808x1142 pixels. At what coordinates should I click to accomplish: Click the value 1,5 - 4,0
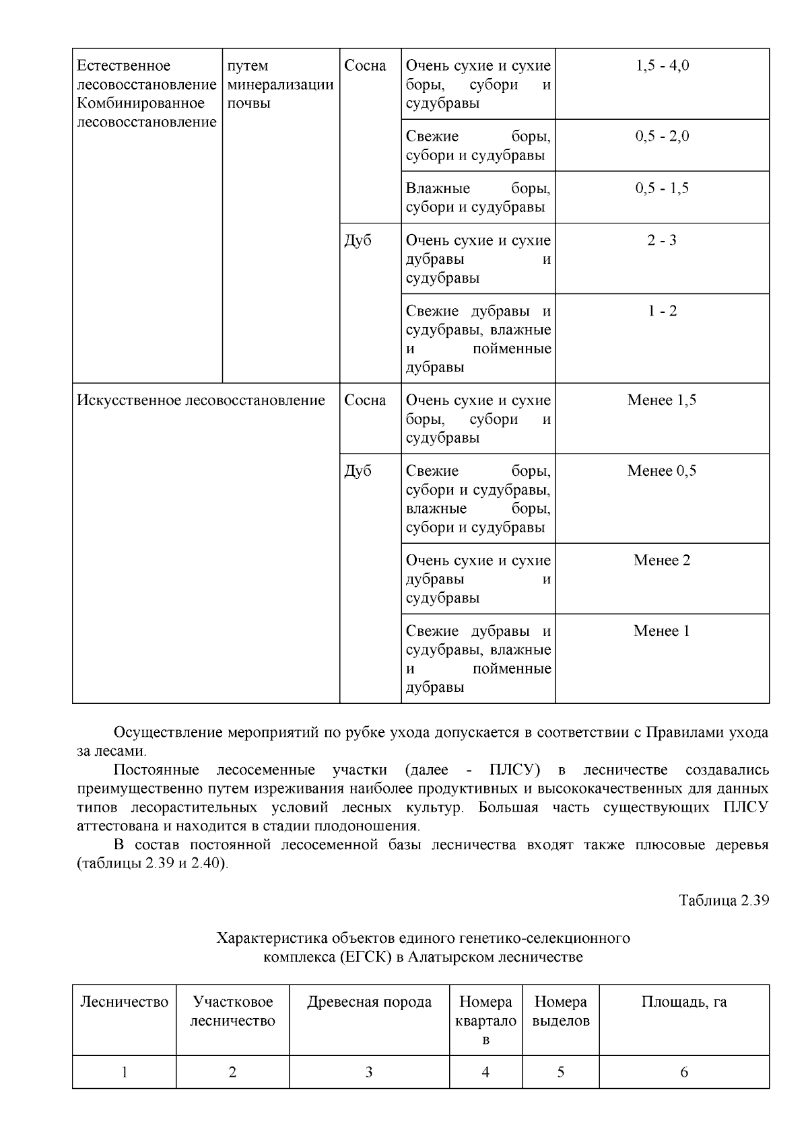coord(662,66)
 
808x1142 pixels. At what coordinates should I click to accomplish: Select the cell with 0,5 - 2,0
coord(662,137)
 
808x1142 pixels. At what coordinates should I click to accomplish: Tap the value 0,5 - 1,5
coord(662,188)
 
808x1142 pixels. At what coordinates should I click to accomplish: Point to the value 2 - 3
coord(662,241)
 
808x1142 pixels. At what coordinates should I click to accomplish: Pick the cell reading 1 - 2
coord(662,312)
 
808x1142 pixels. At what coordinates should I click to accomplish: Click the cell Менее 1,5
coord(662,400)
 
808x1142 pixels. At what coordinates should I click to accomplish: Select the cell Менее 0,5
coord(662,471)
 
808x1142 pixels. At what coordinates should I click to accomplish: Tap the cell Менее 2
coord(662,561)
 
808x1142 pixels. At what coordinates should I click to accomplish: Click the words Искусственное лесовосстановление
coord(201,400)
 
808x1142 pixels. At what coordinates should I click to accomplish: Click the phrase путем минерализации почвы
coord(280,85)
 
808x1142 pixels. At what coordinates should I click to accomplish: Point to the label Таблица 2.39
coord(723,900)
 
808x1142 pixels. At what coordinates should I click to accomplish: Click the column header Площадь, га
coord(683,1002)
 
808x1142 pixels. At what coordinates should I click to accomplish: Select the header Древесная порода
coord(369,1002)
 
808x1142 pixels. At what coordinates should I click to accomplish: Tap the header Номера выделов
coord(560,1011)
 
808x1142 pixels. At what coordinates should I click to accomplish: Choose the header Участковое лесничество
coord(232,1011)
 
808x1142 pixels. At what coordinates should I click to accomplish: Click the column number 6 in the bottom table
coord(683,1072)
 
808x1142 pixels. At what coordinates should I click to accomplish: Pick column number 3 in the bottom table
coord(369,1072)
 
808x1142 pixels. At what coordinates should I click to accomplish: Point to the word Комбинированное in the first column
coord(141,104)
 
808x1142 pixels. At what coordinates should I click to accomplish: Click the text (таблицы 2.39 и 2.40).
coord(153,863)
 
